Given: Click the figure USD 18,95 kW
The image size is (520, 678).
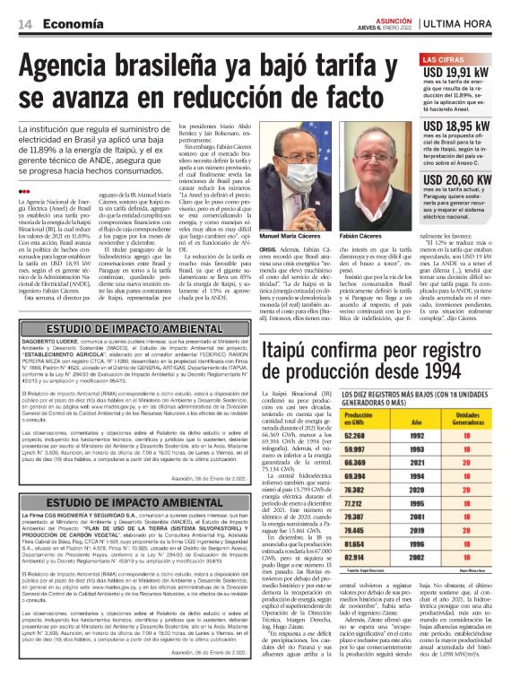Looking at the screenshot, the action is pyautogui.click(x=456, y=126).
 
